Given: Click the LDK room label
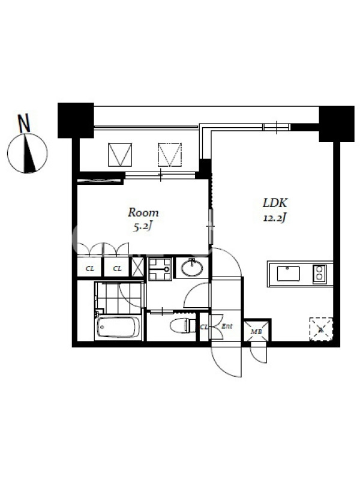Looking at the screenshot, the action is (275, 203).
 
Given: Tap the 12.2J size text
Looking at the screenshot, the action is (275, 218).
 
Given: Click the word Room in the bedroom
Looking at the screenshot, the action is (143, 212).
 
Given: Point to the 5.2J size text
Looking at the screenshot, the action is (143, 227).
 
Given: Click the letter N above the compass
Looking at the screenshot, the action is (24, 123).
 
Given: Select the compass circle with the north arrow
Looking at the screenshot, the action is (27, 153).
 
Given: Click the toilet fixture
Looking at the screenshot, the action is (182, 325).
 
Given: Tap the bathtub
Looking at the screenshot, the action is (118, 328).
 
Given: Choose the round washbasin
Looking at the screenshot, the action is (191, 268).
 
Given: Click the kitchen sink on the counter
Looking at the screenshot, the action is (289, 274).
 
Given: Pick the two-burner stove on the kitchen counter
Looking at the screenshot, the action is (319, 274).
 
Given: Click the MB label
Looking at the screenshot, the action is (254, 332).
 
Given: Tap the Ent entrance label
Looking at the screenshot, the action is (227, 326).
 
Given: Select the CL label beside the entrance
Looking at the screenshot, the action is (204, 327).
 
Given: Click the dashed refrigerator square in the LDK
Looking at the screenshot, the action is (321, 329).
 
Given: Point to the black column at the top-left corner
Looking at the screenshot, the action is (76, 121).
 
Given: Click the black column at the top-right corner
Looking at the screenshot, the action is (337, 124).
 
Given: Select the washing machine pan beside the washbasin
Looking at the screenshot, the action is (160, 269).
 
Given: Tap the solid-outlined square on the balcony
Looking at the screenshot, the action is (120, 155).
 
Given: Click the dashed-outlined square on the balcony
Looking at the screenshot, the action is (170, 155).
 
